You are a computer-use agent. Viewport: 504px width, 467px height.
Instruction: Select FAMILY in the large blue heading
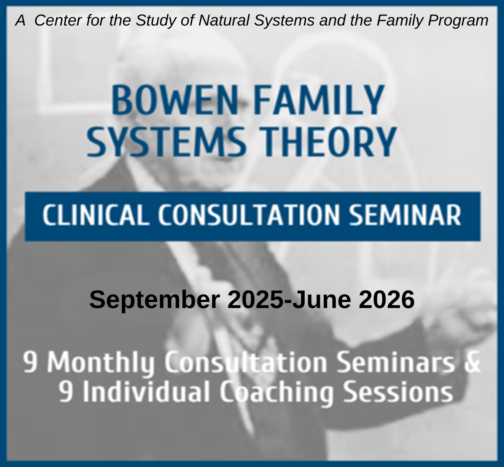tap(319, 100)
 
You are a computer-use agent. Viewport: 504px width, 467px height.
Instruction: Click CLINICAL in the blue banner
tap(96, 215)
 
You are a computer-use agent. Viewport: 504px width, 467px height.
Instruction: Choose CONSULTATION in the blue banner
tap(249, 215)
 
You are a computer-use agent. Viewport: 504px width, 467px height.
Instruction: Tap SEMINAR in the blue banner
tap(405, 215)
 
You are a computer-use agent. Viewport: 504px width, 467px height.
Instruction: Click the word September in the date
tap(155, 299)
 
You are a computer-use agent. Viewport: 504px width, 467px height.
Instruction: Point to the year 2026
tap(386, 299)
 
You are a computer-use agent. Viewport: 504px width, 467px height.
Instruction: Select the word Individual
tap(147, 392)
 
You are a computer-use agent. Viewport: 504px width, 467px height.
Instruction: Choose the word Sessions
tap(398, 392)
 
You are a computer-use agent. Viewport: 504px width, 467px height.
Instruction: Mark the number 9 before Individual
tap(66, 392)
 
